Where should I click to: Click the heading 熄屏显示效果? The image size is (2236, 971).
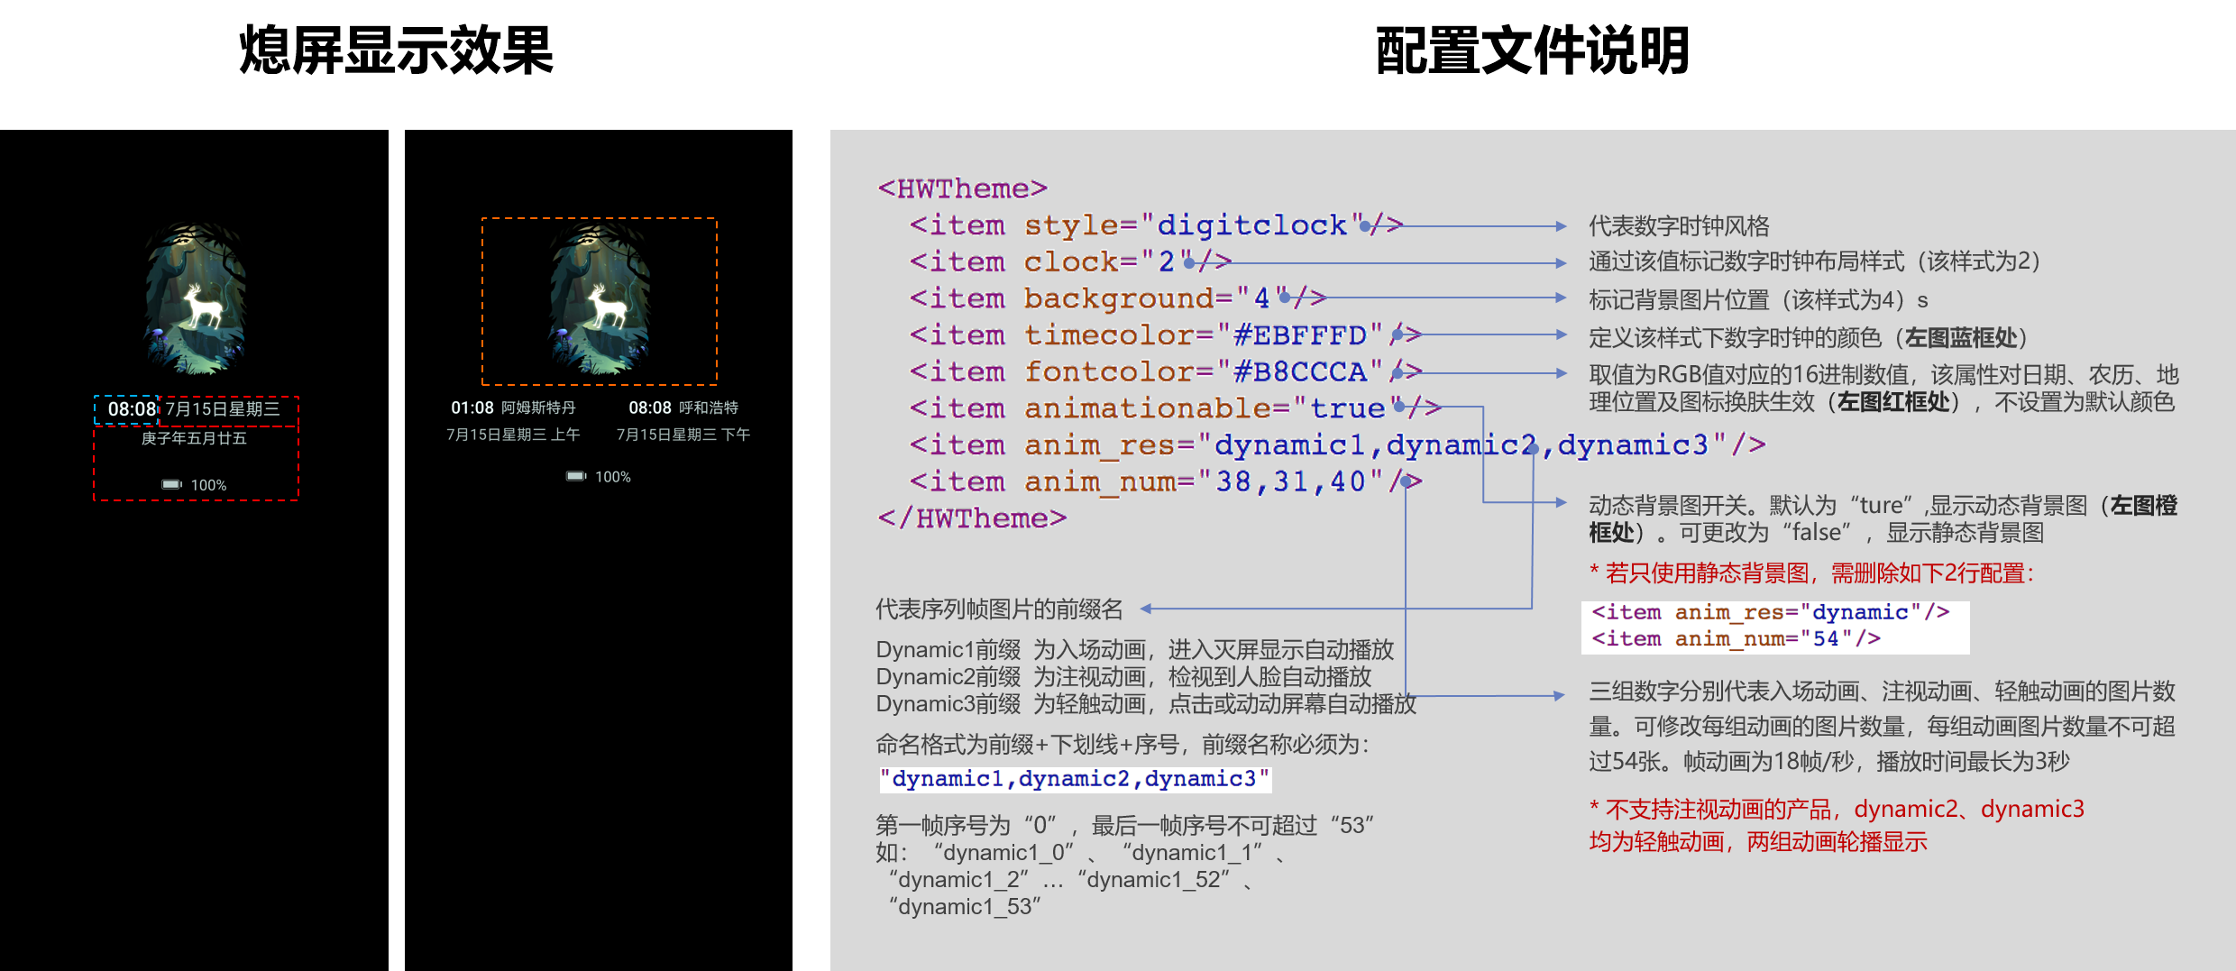pyautogui.click(x=396, y=50)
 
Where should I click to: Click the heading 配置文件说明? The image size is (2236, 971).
pyautogui.click(x=1532, y=50)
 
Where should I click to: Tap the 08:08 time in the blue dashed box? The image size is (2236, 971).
pyautogui.click(x=132, y=409)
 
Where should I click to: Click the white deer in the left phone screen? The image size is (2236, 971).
pyautogui.click(x=203, y=306)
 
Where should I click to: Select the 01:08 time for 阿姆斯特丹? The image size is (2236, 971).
pyautogui.click(x=472, y=408)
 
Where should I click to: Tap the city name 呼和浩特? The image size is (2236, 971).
pyautogui.click(x=709, y=408)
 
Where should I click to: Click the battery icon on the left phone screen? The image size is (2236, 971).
pyautogui.click(x=171, y=485)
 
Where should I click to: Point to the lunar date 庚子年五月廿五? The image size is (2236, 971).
pyautogui.click(x=194, y=438)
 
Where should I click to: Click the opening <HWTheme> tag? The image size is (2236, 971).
pyautogui.click(x=962, y=188)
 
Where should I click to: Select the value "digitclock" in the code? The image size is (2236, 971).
pyautogui.click(x=1251, y=224)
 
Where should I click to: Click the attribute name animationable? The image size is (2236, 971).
pyautogui.click(x=1145, y=408)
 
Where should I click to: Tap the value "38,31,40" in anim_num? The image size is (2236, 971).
pyautogui.click(x=1290, y=481)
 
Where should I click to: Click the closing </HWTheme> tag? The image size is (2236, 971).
pyautogui.click(x=972, y=518)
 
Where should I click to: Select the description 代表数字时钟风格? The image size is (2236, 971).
pyautogui.click(x=1679, y=225)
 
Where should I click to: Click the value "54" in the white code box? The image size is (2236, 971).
pyautogui.click(x=1826, y=638)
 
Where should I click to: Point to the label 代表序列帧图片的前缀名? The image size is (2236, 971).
pyautogui.click(x=999, y=609)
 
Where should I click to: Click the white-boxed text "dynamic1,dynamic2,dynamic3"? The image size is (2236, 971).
pyautogui.click(x=1075, y=779)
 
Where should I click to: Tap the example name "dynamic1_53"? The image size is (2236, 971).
pyautogui.click(x=965, y=907)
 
